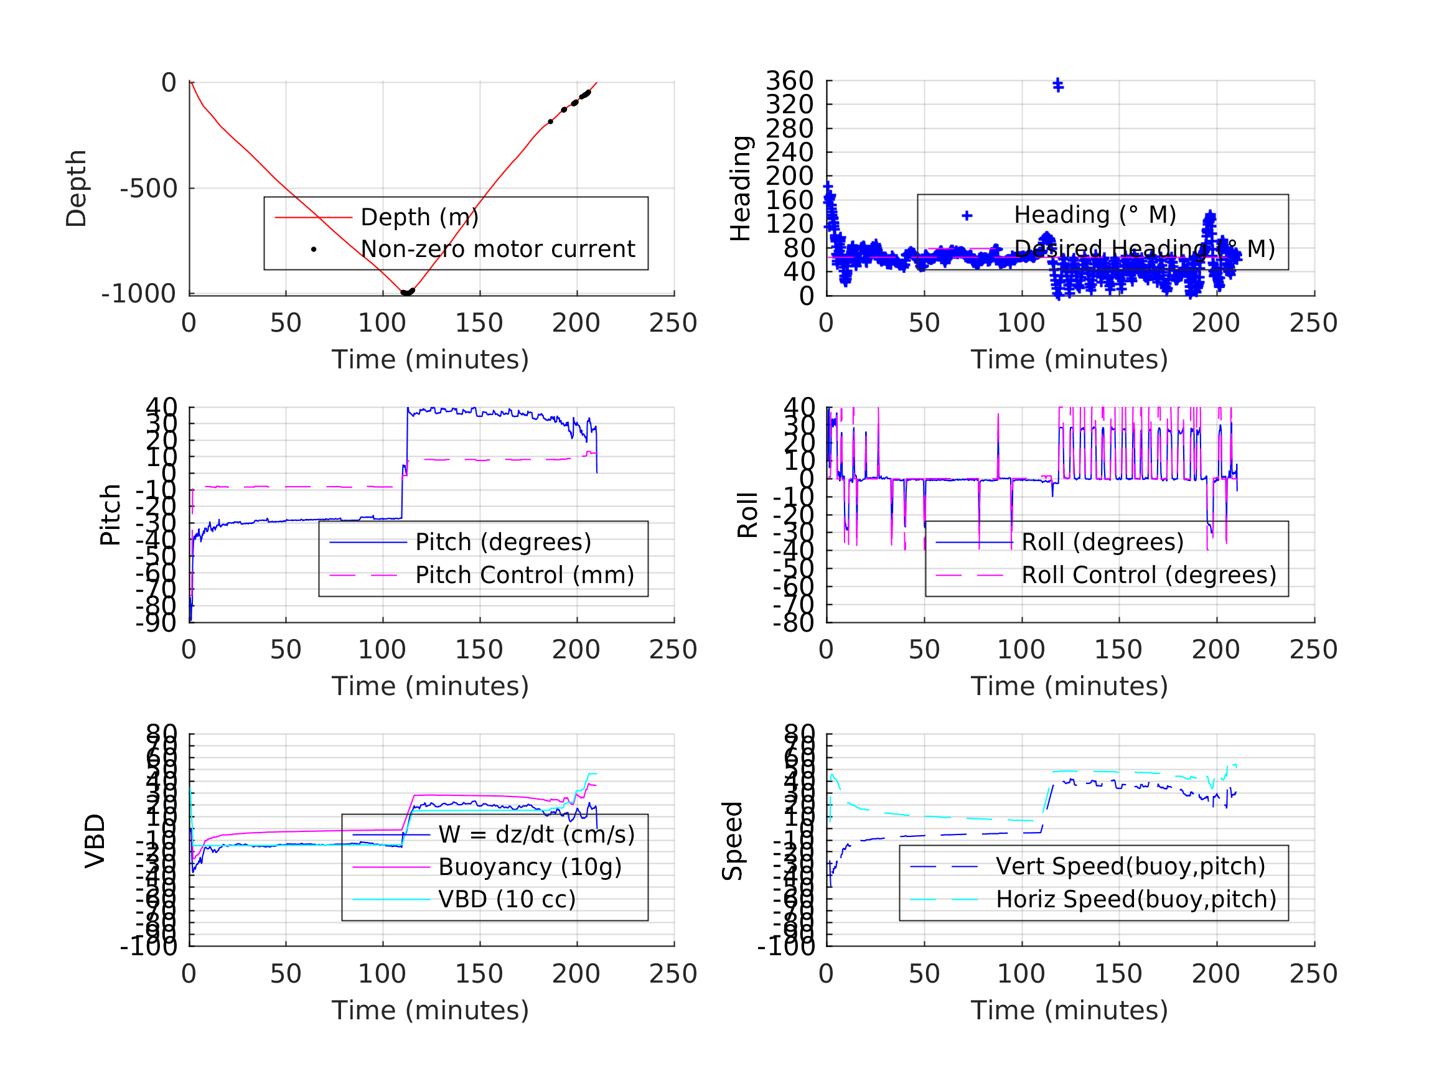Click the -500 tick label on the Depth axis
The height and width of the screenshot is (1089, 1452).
click(x=148, y=189)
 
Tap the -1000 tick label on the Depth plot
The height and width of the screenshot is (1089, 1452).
click(x=139, y=294)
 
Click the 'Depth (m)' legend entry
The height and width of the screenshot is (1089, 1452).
click(x=419, y=217)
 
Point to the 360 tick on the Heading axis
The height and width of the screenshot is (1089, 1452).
click(x=790, y=82)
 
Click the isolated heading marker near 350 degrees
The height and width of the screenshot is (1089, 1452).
click(x=1058, y=85)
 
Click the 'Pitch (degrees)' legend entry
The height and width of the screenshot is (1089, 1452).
click(x=503, y=542)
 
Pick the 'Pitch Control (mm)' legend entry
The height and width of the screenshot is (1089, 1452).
click(x=525, y=575)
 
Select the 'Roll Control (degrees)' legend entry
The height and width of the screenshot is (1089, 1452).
click(x=1149, y=575)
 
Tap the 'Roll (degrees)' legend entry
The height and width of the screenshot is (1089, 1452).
click(x=1103, y=542)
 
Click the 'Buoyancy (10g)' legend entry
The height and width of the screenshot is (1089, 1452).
click(x=530, y=867)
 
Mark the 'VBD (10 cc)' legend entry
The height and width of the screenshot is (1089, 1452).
click(x=507, y=899)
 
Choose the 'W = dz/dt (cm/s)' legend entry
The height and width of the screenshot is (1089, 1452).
click(x=536, y=835)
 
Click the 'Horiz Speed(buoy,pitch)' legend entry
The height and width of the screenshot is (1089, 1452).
click(x=1136, y=899)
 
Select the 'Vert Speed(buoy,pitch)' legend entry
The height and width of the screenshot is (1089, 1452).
click(x=1130, y=866)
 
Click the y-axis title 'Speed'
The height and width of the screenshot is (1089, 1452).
click(x=733, y=841)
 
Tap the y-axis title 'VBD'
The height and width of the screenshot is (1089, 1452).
click(x=95, y=841)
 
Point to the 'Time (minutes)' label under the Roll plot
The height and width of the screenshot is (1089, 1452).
click(x=1069, y=686)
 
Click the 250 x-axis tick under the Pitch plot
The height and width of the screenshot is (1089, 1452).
click(x=673, y=650)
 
